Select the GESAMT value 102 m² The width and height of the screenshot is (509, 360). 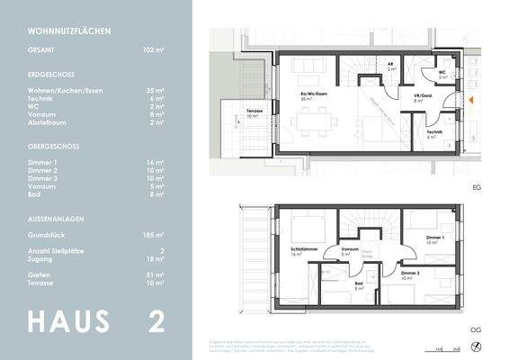[153, 52]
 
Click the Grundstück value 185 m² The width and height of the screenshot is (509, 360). [153, 233]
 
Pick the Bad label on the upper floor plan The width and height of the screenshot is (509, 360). [359, 285]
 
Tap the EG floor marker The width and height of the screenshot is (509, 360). [477, 188]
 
